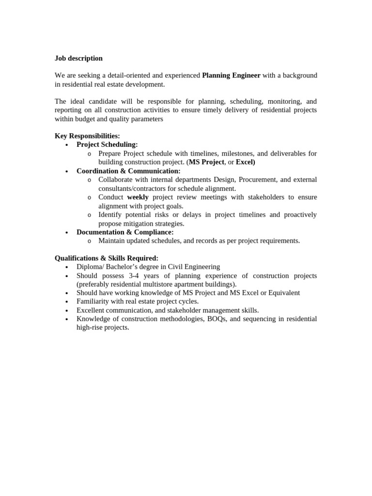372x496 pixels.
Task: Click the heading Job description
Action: [78, 58]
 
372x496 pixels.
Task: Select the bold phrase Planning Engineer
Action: [231, 76]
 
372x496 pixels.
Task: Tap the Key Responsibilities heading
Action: [87, 136]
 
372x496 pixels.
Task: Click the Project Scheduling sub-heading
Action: [107, 144]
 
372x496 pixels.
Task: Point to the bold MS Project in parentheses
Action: [206, 162]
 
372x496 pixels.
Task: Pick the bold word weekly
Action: [138, 197]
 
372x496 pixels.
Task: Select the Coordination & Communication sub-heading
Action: [128, 171]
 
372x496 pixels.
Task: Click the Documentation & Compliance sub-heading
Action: [125, 232]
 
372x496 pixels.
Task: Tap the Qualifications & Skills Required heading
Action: [106, 258]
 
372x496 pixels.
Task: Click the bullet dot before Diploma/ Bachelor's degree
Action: [66, 267]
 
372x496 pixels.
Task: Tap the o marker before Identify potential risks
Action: [89, 215]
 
